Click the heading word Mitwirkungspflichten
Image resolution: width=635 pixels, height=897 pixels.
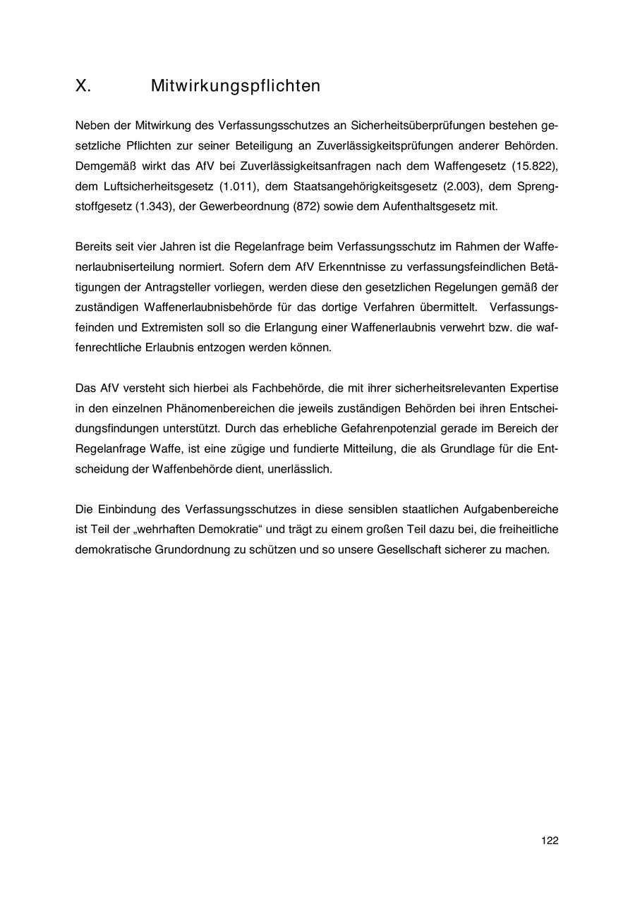click(x=235, y=86)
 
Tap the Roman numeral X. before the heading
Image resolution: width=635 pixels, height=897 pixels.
click(x=83, y=86)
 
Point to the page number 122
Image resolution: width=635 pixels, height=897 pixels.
click(x=550, y=841)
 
